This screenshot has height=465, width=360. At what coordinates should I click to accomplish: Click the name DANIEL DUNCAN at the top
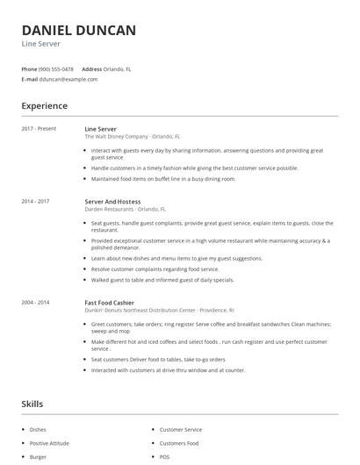[x=78, y=31]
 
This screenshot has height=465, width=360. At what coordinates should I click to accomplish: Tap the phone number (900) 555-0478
[x=57, y=68]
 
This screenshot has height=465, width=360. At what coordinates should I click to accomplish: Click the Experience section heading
[x=45, y=106]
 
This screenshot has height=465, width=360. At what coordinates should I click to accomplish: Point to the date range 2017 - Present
[x=39, y=129]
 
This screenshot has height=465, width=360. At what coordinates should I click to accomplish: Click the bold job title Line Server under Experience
[x=102, y=129]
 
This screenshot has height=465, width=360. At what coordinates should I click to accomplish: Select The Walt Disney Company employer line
[x=132, y=137]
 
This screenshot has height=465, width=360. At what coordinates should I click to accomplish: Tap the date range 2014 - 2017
[x=36, y=201]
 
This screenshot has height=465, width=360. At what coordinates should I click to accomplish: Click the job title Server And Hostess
[x=112, y=201]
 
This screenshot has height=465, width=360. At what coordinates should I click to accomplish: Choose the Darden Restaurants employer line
[x=125, y=209]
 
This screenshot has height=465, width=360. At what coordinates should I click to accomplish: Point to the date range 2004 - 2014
[x=36, y=302]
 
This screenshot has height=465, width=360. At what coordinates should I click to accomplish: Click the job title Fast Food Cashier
[x=109, y=302]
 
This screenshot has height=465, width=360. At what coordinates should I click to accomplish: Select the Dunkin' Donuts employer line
[x=159, y=310]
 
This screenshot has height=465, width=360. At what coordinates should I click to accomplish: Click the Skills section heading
[x=32, y=404]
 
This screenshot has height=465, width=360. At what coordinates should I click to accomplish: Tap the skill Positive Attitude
[x=49, y=443]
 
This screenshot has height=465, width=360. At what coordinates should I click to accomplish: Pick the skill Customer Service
[x=181, y=430]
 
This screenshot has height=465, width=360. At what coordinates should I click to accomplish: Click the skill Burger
[x=38, y=457]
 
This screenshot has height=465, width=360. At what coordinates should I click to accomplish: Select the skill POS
[x=165, y=457]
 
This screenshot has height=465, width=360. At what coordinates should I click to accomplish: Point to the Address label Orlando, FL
[x=118, y=68]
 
